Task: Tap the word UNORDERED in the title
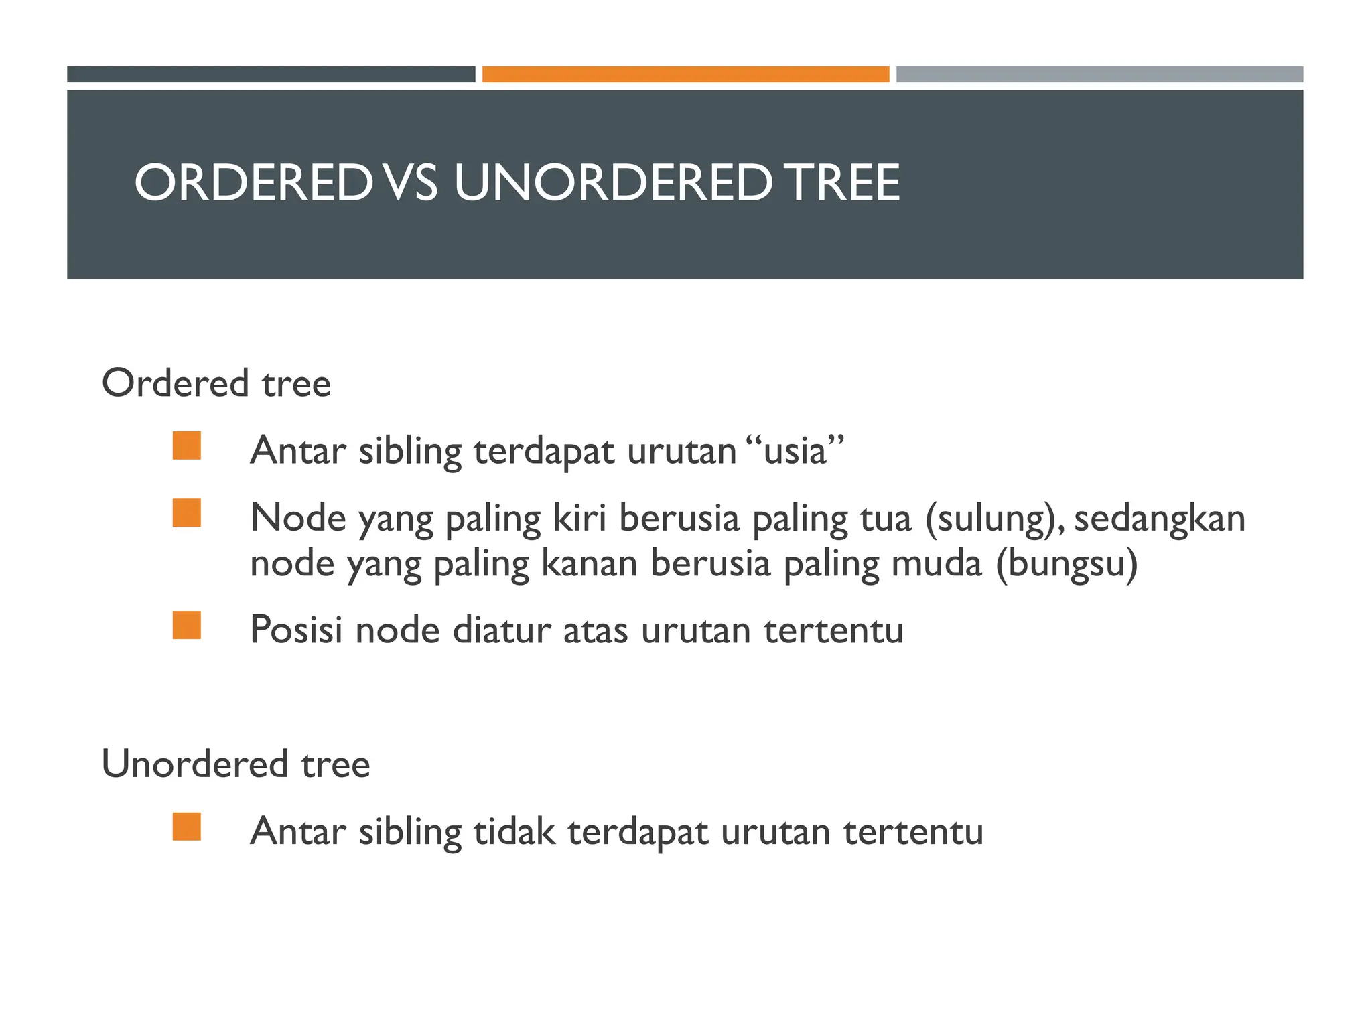tap(613, 183)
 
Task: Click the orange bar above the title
tap(685, 74)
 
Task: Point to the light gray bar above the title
tap(1099, 74)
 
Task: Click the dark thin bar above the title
tap(271, 74)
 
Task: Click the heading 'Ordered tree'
tap(216, 383)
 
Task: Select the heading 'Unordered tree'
tap(236, 764)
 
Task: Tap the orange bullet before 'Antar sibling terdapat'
tap(187, 446)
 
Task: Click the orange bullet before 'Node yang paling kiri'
tap(187, 513)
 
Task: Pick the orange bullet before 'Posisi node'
tap(187, 626)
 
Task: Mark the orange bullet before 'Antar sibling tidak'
tap(187, 827)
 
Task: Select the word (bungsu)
tap(1067, 564)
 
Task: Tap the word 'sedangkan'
tap(1160, 519)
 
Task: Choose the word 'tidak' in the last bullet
tap(514, 831)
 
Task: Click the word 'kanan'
tap(589, 563)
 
